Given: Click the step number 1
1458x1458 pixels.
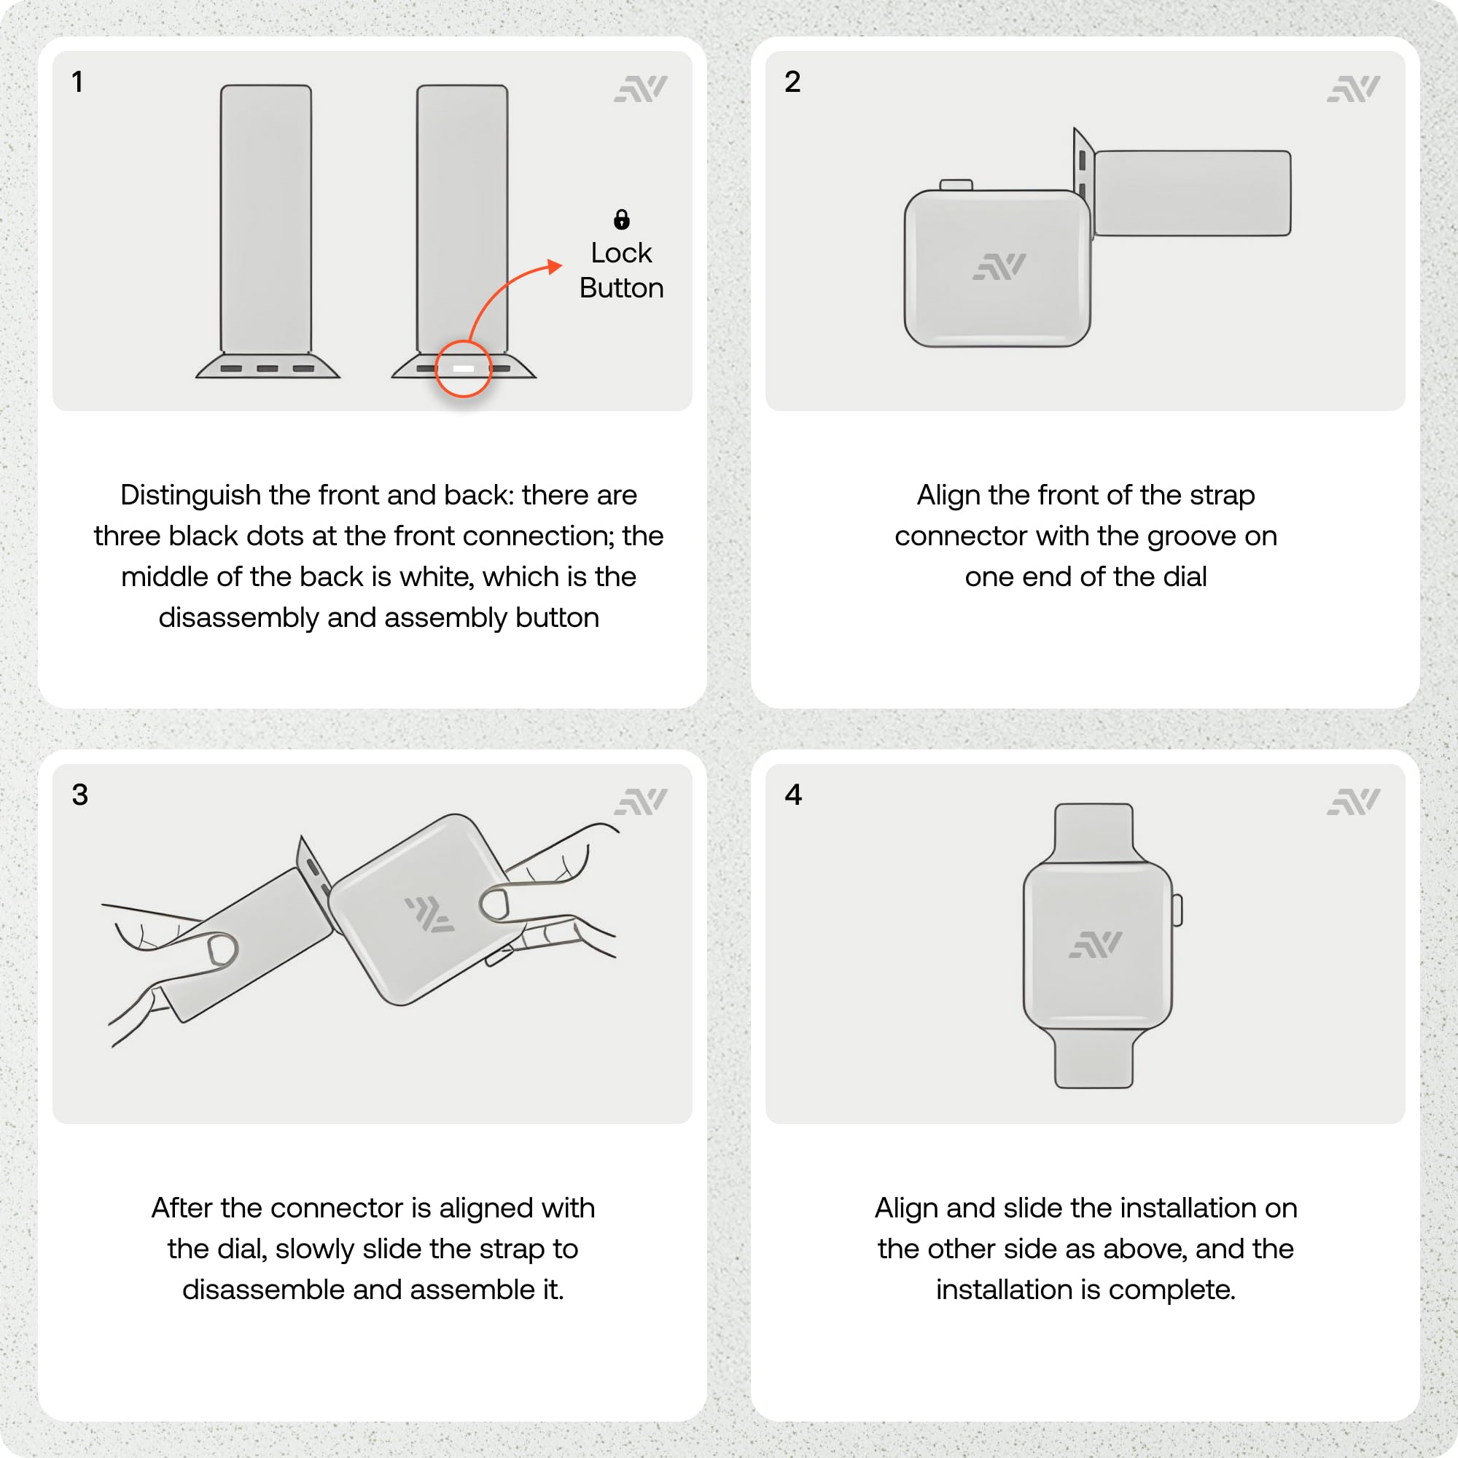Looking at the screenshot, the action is (77, 82).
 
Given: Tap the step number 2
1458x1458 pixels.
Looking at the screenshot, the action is (792, 82).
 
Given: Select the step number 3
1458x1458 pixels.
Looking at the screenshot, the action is (80, 795).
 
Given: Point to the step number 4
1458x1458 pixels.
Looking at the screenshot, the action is (793, 795).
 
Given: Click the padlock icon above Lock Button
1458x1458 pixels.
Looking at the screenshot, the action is (621, 219).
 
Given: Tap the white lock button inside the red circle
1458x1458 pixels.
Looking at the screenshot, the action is (464, 368).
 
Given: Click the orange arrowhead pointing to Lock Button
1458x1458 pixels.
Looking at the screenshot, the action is (555, 266).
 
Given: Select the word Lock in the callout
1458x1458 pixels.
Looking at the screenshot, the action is (621, 253).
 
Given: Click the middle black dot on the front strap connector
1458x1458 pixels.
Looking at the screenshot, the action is (267, 368).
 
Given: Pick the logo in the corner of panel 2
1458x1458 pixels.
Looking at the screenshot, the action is (1353, 88).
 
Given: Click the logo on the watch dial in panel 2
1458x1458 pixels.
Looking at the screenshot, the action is (999, 266).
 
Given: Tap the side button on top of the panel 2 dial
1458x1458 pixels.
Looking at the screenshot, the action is (956, 185).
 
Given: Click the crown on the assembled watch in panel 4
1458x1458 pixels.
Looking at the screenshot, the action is (1177, 910).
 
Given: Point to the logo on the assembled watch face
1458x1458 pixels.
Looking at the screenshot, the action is (1096, 944).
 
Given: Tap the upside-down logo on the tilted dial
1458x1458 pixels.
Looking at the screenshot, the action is (430, 915).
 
